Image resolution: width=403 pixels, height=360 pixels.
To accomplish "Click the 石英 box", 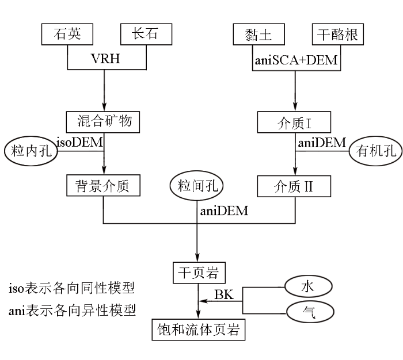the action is [67, 35].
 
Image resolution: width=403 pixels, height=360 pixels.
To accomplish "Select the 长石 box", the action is [146, 35].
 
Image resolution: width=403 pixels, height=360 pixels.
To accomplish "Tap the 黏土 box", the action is [259, 35].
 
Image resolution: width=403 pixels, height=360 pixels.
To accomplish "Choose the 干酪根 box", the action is [338, 35].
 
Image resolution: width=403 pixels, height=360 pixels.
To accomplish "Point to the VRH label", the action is [105, 59].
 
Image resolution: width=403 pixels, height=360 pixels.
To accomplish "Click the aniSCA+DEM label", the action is [296, 60].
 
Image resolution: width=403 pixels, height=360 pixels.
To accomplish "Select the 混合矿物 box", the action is [103, 122].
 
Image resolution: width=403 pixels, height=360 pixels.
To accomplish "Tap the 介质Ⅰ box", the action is [294, 122].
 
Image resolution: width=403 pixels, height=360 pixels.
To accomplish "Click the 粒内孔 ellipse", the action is [31, 151].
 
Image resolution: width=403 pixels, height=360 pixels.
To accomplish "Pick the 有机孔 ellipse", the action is [375, 151].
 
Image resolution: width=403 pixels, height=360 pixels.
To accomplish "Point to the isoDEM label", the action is [79, 142].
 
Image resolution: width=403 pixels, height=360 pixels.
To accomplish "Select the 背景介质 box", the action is [103, 185].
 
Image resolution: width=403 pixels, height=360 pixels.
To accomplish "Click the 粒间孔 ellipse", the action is [196, 185].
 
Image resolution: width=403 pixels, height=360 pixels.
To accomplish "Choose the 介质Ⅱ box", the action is [294, 186].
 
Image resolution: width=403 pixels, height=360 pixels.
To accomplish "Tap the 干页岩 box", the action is [199, 273].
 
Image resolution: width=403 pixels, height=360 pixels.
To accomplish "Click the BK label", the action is [224, 294].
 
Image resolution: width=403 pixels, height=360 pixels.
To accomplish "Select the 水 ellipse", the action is [309, 286].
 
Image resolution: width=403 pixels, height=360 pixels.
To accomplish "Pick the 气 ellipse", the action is [310, 312].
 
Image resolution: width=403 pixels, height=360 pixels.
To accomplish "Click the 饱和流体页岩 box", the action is [199, 330].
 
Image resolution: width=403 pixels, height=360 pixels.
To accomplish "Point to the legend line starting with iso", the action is [71, 288].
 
